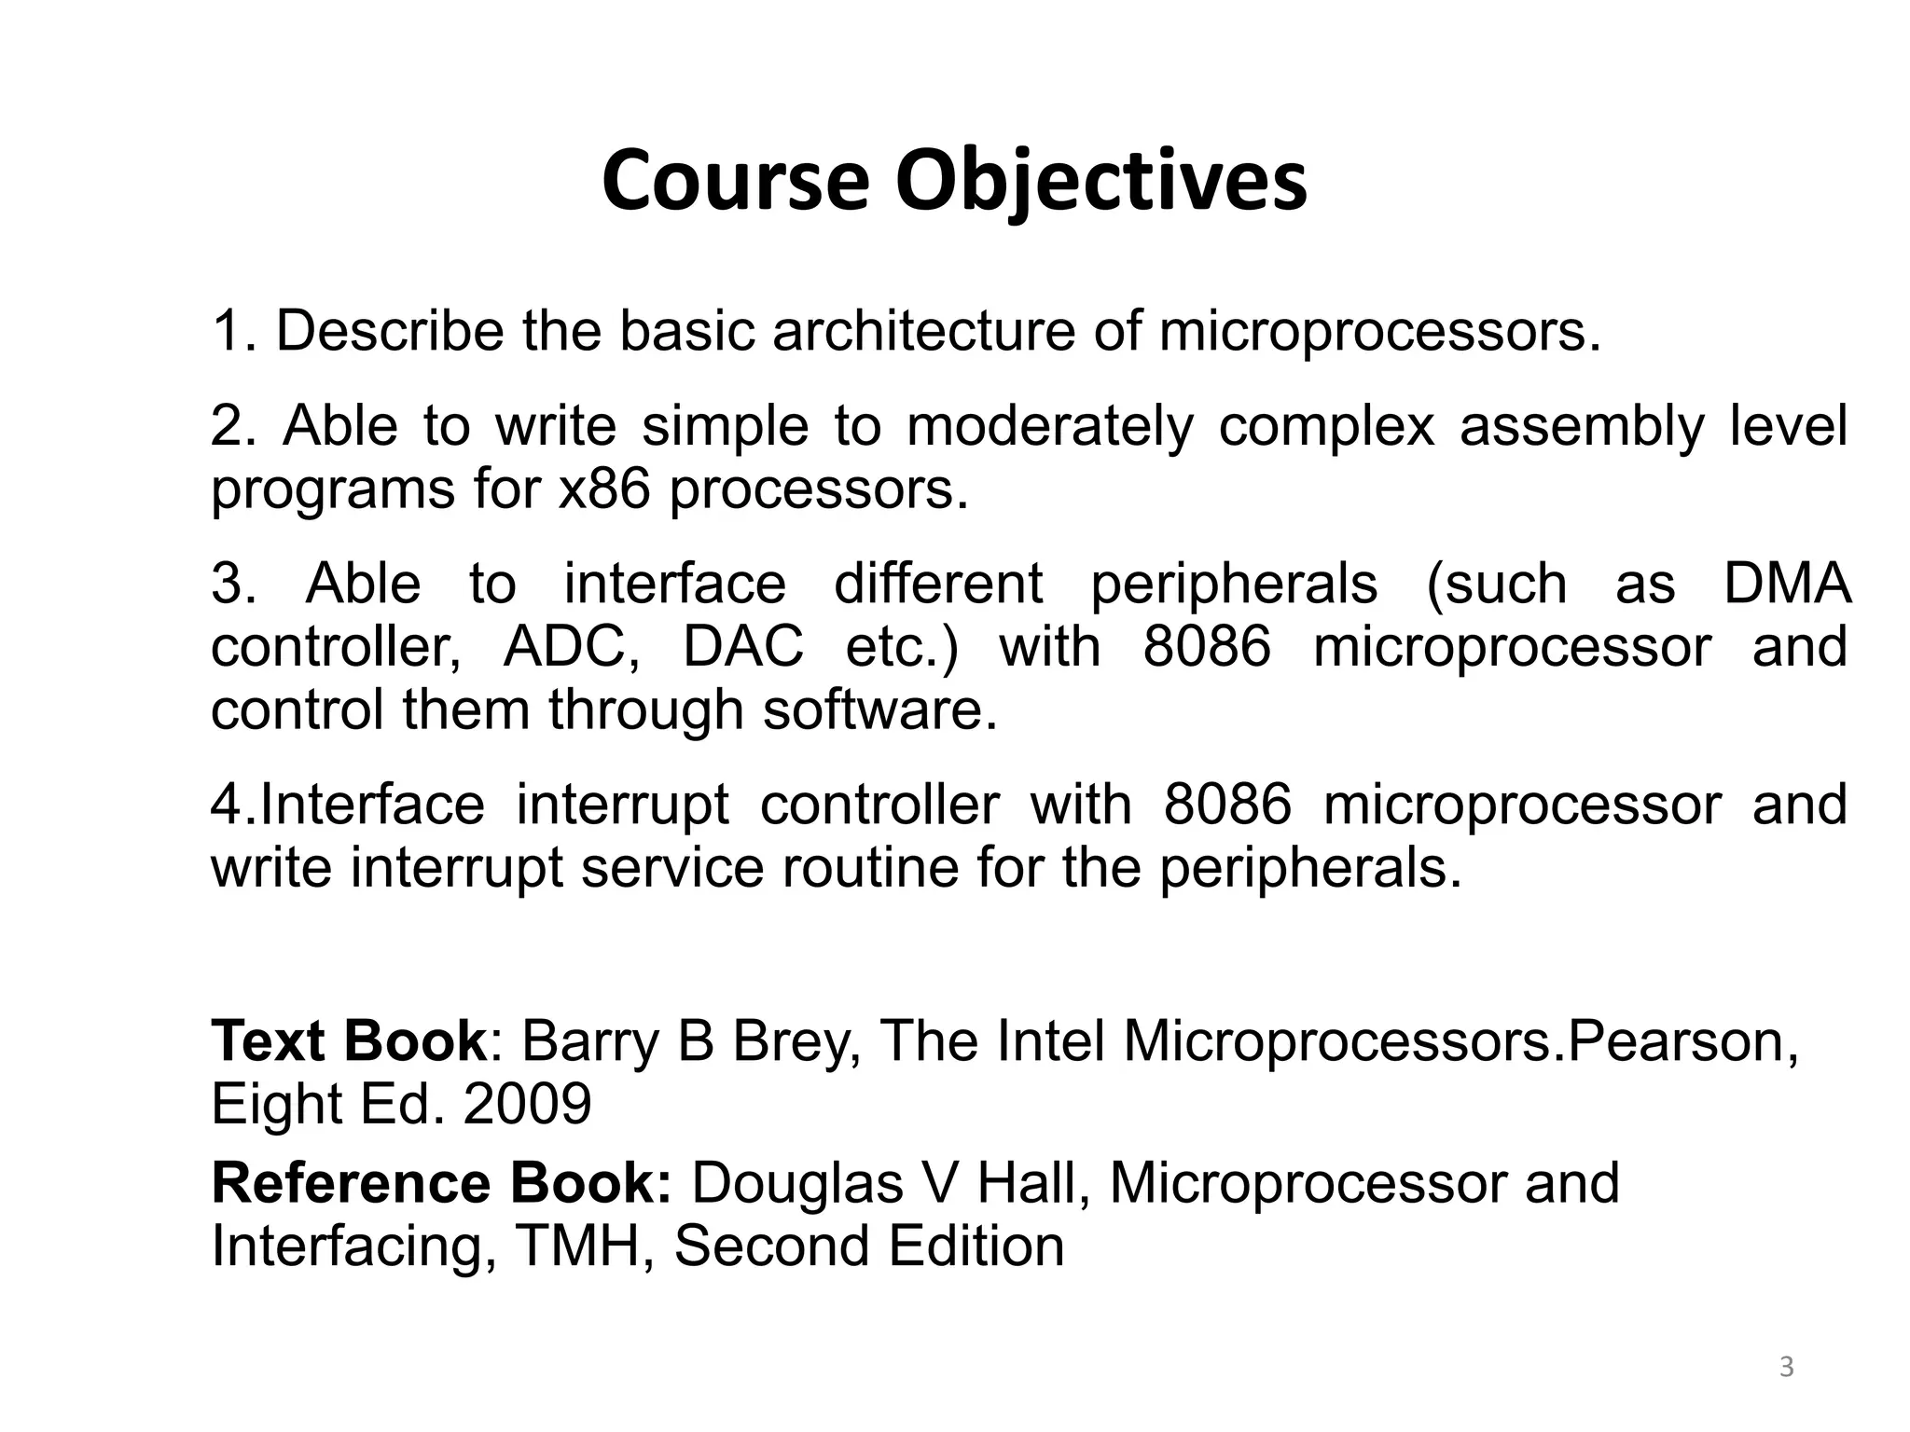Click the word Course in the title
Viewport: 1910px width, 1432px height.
pos(736,181)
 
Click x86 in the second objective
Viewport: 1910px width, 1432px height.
pos(603,489)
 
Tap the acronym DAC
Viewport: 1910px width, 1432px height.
pos(742,647)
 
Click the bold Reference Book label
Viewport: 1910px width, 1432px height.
pos(441,1183)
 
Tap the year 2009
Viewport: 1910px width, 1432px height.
pos(527,1104)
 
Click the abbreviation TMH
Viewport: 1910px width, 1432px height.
pos(574,1246)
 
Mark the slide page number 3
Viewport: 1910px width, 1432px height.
pos(1786,1368)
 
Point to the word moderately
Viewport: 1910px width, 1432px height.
pos(1049,427)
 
